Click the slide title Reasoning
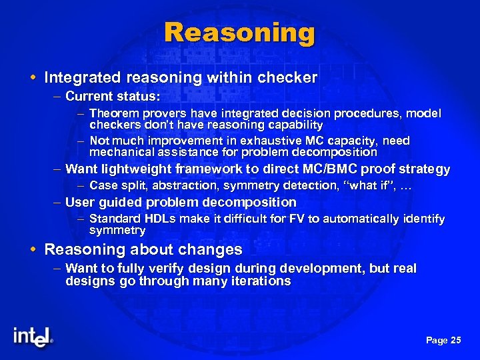(x=239, y=33)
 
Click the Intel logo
(x=32, y=337)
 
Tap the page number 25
(x=455, y=341)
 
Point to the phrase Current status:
(x=113, y=97)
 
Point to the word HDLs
(x=159, y=219)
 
